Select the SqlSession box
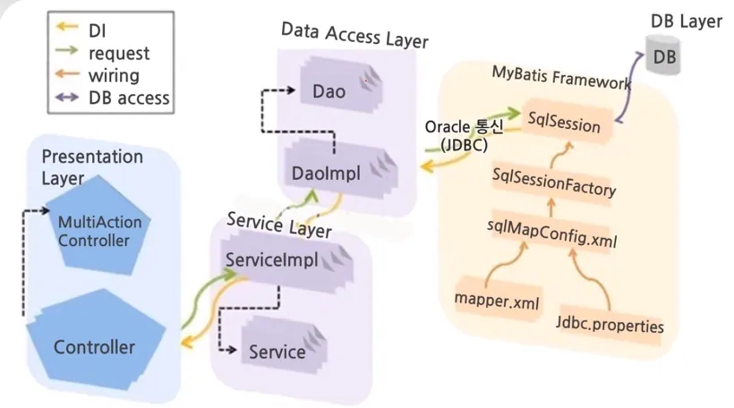[565, 123]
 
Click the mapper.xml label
[498, 302]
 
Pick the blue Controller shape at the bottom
[94, 345]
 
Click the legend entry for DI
[98, 32]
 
